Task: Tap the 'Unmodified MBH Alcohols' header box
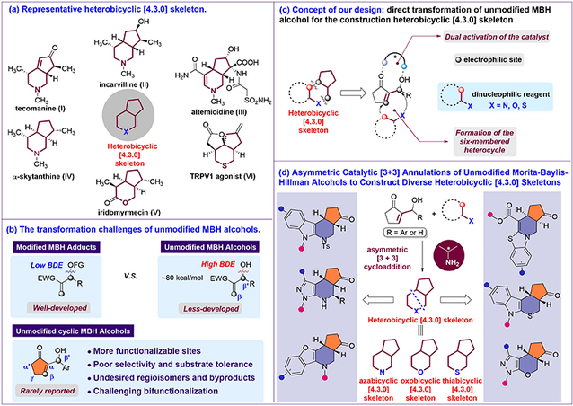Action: pos(204,247)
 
